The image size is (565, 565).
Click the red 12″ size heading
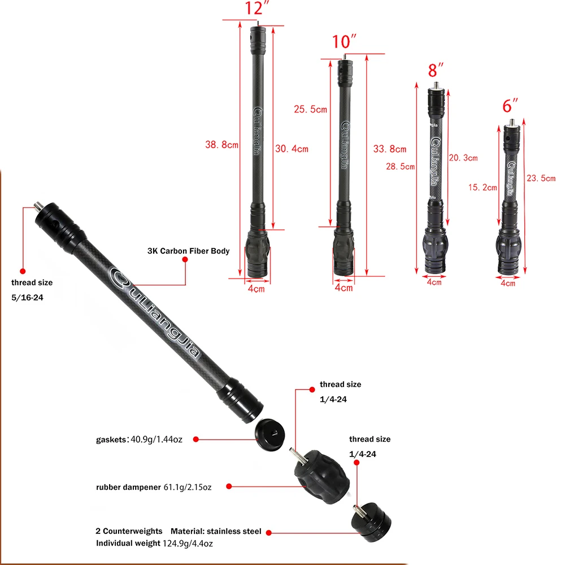pos(257,8)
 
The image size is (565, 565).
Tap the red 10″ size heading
pos(344,41)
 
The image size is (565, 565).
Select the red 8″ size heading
pos(436,70)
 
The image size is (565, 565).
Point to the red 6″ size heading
pos(510,106)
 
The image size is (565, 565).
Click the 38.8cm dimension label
pos(221,145)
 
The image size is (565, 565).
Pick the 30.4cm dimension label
pos(292,149)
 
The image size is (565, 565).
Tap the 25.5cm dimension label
pos(310,109)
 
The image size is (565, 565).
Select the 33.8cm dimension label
pos(389,149)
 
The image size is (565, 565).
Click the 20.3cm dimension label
pos(463,158)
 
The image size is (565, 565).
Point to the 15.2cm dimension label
pos(483,188)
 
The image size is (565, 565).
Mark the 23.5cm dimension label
pos(541,178)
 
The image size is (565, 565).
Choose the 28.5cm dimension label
pos(401,167)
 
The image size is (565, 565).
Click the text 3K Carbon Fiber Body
pos(189,251)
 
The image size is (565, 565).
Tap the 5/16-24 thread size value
pos(27,298)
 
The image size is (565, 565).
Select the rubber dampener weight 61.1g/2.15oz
pos(188,487)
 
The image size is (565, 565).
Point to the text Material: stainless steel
pos(216,531)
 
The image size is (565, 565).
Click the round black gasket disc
pos(270,434)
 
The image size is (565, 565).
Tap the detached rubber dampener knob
pos(321,476)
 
